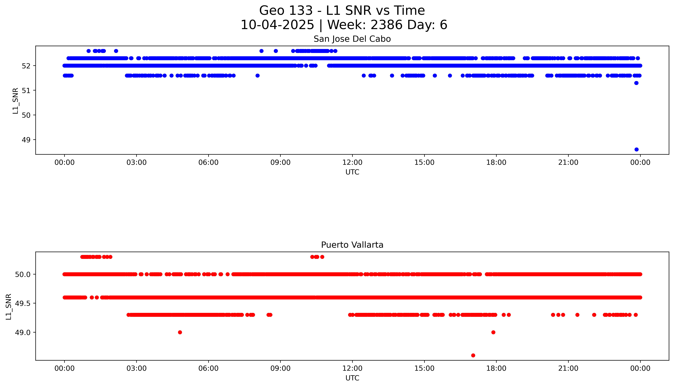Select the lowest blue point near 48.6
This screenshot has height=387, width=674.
pos(636,149)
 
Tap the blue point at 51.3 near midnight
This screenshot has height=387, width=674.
pos(636,83)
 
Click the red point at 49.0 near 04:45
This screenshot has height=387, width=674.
pos(180,332)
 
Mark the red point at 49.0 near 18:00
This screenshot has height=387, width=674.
pos(493,332)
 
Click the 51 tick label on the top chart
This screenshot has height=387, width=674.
pos(26,90)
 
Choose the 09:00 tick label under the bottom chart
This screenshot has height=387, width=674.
pos(280,368)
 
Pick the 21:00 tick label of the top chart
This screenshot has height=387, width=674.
pos(568,162)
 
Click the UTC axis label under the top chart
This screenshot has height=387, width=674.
pos(352,172)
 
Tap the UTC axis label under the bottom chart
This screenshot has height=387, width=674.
pos(352,378)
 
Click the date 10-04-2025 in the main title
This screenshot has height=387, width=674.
pos(277,25)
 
